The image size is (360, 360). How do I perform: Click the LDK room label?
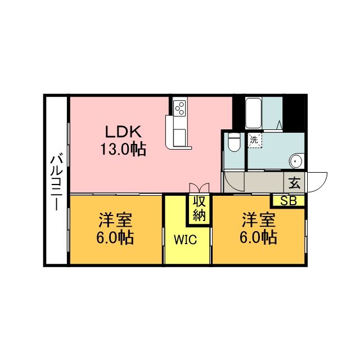tap(123, 132)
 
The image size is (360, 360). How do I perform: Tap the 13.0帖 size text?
tap(123, 149)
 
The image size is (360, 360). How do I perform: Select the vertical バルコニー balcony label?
tap(56, 183)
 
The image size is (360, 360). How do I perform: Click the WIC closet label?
tap(185, 240)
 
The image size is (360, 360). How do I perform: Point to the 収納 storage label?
tap(199, 209)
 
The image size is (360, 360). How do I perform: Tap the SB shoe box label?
tap(289, 201)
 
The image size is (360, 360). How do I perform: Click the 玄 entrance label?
tap(295, 183)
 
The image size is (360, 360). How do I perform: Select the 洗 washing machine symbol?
tap(254, 140)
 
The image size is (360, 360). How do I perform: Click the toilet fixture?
tap(234, 142)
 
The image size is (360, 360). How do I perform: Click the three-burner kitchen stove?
tap(179, 107)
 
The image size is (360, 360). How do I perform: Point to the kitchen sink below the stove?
tap(179, 137)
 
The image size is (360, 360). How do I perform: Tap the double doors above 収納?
tap(199, 188)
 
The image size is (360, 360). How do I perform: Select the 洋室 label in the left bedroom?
tap(115, 220)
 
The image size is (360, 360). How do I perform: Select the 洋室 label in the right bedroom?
tap(259, 220)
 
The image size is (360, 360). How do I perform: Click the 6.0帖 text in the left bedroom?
tap(115, 237)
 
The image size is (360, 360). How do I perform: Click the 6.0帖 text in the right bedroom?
tap(258, 237)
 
